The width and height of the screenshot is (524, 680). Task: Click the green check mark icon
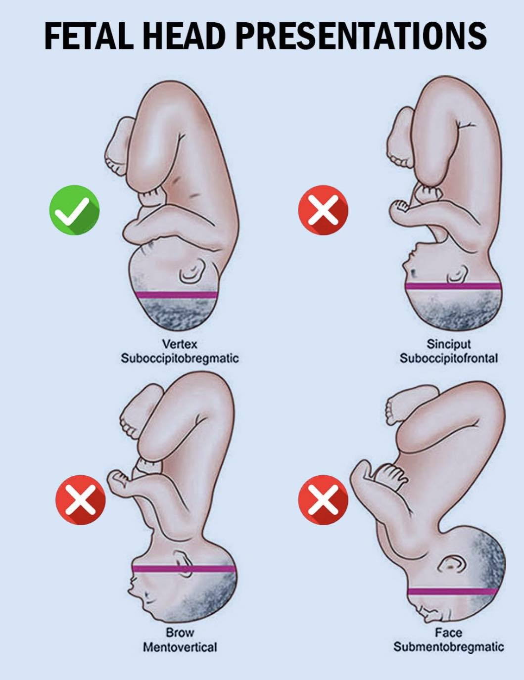[x=75, y=210]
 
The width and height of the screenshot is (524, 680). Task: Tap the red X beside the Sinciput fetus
[x=323, y=210]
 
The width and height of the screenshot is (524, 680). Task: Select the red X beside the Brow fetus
[x=81, y=500]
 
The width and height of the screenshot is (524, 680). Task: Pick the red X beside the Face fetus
[x=323, y=500]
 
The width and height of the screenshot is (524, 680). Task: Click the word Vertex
[x=180, y=344]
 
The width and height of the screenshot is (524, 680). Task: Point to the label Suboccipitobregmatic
[x=180, y=359]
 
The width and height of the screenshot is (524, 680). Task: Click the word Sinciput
[x=449, y=344]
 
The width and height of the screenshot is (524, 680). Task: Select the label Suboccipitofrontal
[x=449, y=359]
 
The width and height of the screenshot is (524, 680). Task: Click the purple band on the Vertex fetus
[x=177, y=295]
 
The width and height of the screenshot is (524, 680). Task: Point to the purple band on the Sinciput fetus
[x=453, y=286]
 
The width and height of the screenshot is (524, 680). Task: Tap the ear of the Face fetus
[x=452, y=566]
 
